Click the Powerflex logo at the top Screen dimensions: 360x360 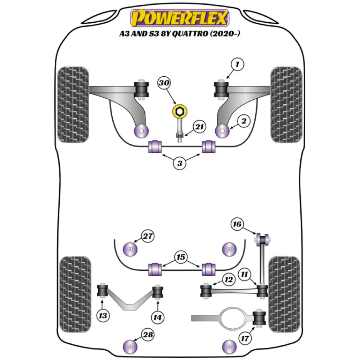(180, 18)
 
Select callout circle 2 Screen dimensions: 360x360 (244, 122)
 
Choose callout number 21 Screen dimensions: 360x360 (199, 127)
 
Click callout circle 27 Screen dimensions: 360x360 (147, 237)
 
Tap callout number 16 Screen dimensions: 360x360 (237, 224)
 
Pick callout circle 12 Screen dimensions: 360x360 (229, 279)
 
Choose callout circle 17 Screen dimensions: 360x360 (245, 338)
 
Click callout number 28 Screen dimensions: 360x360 (147, 335)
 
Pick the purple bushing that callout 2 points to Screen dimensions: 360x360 (221, 130)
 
